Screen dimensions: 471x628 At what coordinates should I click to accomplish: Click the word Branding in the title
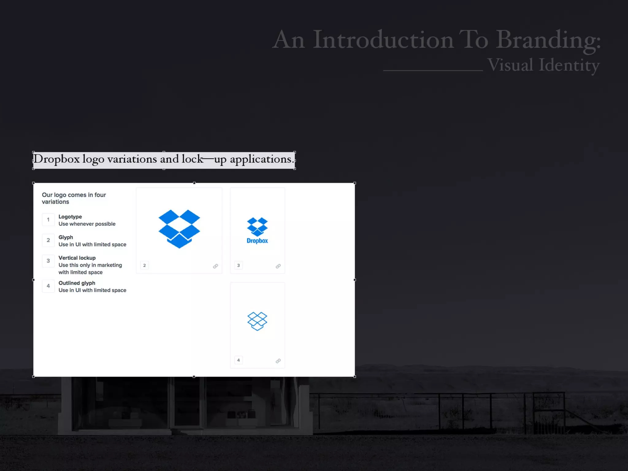pos(548,40)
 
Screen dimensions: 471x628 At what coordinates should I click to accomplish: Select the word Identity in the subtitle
pos(569,65)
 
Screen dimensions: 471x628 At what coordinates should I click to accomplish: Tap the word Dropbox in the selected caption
pos(56,159)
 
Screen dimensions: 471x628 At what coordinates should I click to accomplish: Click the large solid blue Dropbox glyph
pos(179,228)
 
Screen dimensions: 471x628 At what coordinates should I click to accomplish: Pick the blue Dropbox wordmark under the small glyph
pos(257,241)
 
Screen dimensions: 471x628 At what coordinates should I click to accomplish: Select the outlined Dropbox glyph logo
pos(257,321)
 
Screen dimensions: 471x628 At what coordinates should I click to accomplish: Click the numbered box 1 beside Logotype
pos(48,220)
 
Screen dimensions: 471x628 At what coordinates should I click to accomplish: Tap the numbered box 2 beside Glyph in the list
pos(48,240)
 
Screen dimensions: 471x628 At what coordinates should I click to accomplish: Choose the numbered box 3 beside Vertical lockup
pos(48,261)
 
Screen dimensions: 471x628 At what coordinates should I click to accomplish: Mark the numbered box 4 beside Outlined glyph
pos(48,286)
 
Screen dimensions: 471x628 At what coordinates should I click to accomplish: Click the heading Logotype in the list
pos(70,217)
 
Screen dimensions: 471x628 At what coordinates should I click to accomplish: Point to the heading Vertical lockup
pos(77,258)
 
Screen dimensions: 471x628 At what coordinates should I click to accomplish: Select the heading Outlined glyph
pos(77,283)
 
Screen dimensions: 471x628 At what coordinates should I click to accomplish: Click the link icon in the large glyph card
pos(216,266)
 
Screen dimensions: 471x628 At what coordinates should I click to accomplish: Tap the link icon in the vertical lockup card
pos(278,266)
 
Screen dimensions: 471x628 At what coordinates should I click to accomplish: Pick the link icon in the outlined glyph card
pos(278,361)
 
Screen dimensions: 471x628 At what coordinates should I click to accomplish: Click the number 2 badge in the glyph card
pos(144,266)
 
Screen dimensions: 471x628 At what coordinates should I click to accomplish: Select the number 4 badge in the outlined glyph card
pos(239,360)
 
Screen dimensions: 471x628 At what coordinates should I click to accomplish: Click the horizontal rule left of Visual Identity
pos(433,71)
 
